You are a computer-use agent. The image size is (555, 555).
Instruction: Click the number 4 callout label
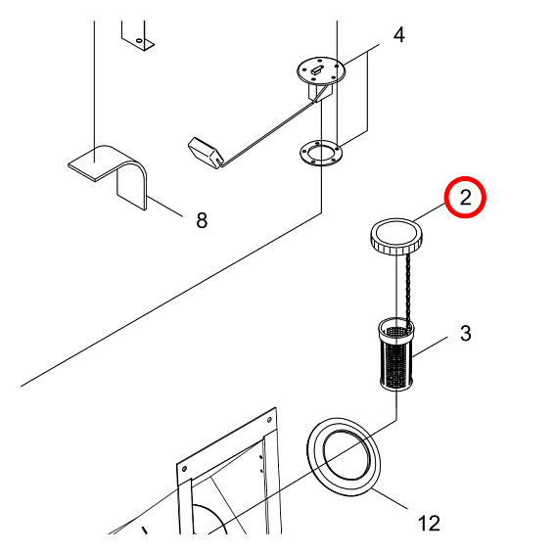(398, 36)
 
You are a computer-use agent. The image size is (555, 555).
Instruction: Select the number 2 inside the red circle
(466, 198)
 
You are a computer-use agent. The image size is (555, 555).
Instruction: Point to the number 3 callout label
(465, 334)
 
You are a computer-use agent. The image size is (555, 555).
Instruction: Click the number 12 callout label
(429, 524)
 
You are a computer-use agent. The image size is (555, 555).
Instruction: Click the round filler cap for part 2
(396, 236)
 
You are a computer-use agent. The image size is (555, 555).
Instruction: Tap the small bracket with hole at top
(138, 34)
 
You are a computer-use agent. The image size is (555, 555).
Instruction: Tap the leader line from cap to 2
(431, 212)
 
